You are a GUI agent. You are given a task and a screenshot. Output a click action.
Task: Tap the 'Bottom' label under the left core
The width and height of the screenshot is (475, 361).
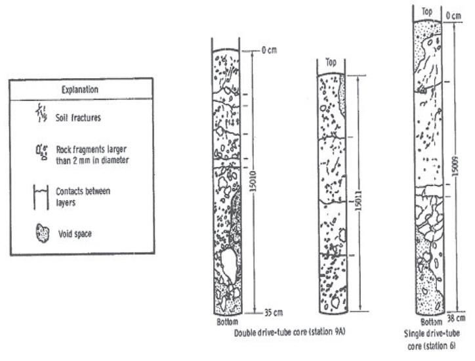[227, 323]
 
